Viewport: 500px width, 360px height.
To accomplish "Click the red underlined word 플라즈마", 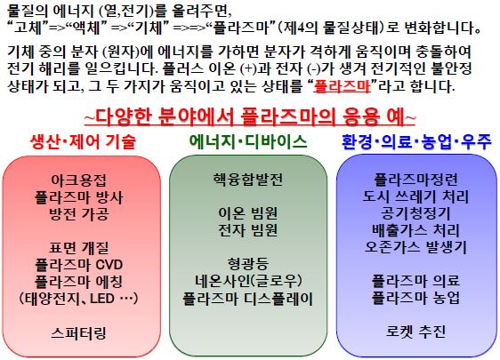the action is click(x=342, y=86).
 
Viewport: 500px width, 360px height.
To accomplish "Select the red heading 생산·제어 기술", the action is click(x=84, y=141).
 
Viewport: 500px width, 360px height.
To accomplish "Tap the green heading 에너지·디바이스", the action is click(x=248, y=141).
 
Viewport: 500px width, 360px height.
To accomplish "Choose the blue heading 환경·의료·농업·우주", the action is click(x=416, y=141).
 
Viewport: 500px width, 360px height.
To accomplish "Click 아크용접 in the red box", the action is click(x=79, y=180).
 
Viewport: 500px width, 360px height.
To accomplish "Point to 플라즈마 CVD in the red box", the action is click(x=79, y=264).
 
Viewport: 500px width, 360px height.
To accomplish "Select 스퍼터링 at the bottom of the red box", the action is click(x=79, y=333).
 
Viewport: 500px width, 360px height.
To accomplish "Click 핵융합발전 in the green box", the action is click(x=247, y=179).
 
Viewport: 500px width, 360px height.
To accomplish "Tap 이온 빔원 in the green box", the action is click(x=247, y=213).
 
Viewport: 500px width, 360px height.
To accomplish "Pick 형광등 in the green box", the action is click(x=247, y=264).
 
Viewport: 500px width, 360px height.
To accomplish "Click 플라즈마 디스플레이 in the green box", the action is click(x=247, y=299).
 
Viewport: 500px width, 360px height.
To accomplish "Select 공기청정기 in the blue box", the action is click(x=415, y=213).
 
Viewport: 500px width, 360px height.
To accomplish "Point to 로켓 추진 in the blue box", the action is click(x=415, y=332).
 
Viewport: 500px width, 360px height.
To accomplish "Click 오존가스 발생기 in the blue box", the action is click(x=415, y=247).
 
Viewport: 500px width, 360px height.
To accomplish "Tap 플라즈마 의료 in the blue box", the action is click(x=415, y=281).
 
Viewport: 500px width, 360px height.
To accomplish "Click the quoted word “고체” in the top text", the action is click(x=28, y=28).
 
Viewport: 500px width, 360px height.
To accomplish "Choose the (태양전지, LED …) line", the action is click(x=79, y=298).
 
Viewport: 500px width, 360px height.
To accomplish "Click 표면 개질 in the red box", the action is click(x=79, y=247).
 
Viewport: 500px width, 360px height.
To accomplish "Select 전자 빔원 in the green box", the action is click(x=247, y=230).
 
